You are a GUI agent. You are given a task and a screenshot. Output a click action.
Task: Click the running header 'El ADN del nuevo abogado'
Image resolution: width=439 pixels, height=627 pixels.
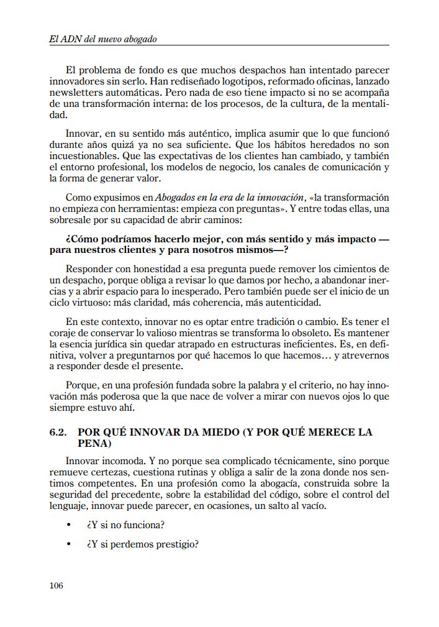[x=102, y=39]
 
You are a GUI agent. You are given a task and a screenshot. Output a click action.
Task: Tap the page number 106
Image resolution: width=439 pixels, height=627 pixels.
[x=56, y=585]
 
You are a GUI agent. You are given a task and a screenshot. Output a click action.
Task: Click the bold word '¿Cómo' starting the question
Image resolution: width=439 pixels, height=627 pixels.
[x=81, y=238]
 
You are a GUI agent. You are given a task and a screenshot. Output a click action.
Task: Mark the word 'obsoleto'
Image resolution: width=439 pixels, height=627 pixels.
[x=296, y=332]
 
